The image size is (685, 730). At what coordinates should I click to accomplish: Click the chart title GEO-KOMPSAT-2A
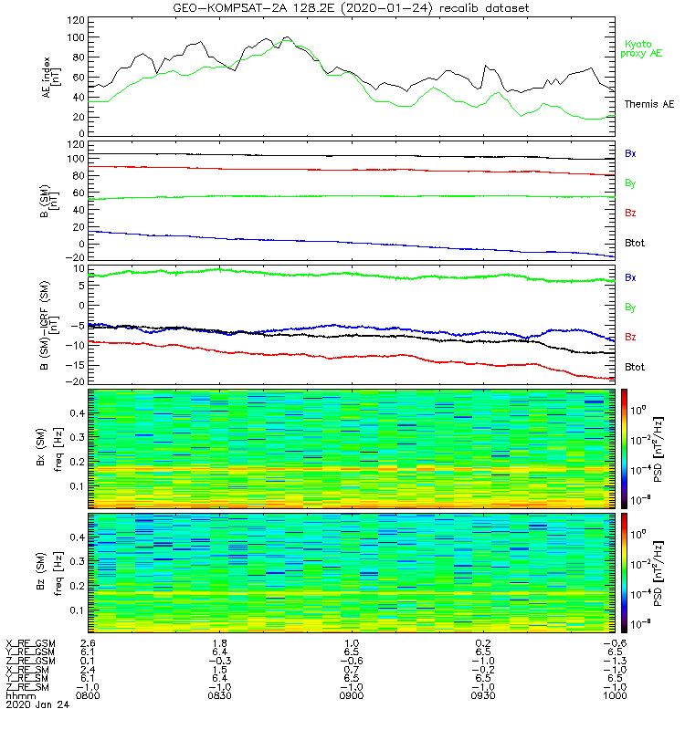pyautogui.click(x=226, y=8)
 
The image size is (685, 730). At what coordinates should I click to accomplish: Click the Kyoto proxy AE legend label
pyautogui.click(x=644, y=48)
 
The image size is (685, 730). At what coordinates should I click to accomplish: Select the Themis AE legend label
pyautogui.click(x=649, y=105)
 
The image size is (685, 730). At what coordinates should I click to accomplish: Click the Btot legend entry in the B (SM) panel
pyautogui.click(x=636, y=244)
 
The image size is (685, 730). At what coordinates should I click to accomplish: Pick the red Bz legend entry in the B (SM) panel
pyautogui.click(x=630, y=214)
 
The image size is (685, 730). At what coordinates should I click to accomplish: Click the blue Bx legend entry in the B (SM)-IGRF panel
pyautogui.click(x=630, y=277)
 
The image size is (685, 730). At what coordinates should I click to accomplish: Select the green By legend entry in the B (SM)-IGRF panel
pyautogui.click(x=630, y=308)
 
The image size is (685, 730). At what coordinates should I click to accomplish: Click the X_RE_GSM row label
pyautogui.click(x=30, y=644)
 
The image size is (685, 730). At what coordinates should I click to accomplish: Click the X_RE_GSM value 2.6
pyautogui.click(x=89, y=644)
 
